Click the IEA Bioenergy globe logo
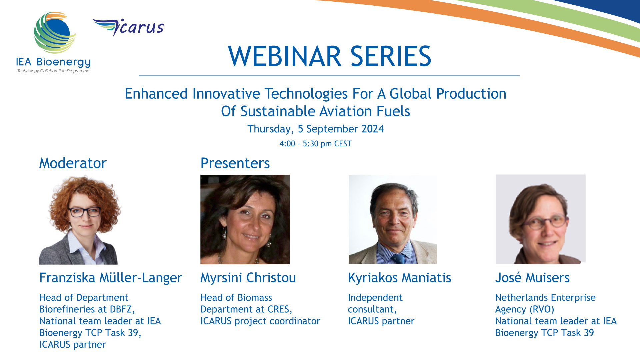55,33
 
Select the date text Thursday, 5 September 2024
316,129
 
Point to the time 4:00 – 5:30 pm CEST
316,144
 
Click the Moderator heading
73,163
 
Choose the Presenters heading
235,163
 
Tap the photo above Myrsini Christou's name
245,219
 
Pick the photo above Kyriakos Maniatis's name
393,219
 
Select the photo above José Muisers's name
541,219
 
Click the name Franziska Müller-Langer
111,278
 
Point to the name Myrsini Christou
248,278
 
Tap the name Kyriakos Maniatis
399,278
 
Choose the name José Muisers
532,278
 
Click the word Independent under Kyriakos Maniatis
375,298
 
